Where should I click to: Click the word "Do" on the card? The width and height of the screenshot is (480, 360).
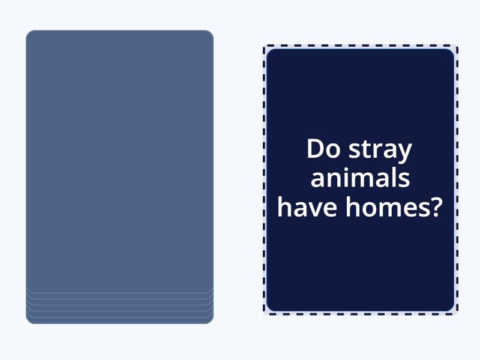pyautogui.click(x=323, y=149)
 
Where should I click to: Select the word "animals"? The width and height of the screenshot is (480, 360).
pyautogui.click(x=361, y=178)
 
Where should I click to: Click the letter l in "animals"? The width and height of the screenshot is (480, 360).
pyautogui.click(x=392, y=177)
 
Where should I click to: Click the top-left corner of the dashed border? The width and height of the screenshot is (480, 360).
pyautogui.click(x=264, y=46)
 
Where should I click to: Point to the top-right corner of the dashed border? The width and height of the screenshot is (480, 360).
pyautogui.click(x=457, y=46)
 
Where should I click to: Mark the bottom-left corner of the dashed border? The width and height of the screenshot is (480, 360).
pyautogui.click(x=264, y=313)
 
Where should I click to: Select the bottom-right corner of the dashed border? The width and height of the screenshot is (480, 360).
pyautogui.click(x=457, y=313)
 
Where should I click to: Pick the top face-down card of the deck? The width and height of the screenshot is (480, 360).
pyautogui.click(x=119, y=162)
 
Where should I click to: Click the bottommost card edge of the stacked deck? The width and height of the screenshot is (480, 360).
pyautogui.click(x=119, y=322)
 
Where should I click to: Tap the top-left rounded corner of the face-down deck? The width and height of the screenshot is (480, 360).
pyautogui.click(x=30, y=34)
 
